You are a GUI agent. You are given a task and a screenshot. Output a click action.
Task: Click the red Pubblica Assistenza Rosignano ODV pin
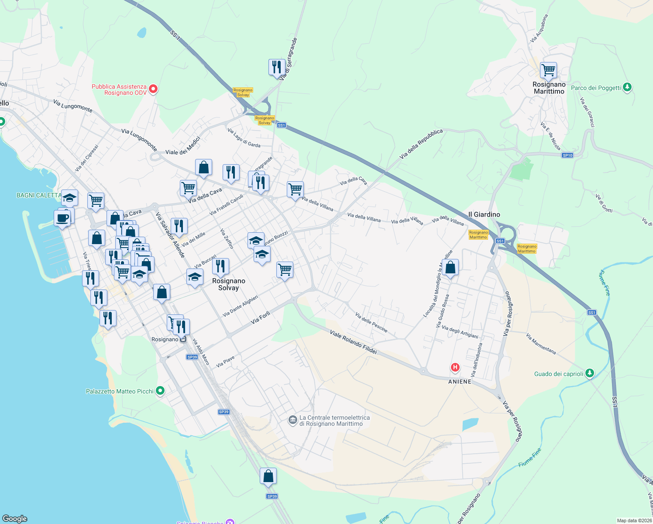click(x=153, y=90)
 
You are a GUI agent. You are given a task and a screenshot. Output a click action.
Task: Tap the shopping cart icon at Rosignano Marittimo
click(x=548, y=70)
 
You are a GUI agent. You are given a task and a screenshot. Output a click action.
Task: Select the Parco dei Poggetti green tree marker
click(x=627, y=87)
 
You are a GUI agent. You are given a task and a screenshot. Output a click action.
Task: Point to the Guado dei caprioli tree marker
click(x=590, y=373)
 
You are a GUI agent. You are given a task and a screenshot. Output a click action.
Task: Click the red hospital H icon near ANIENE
click(x=455, y=367)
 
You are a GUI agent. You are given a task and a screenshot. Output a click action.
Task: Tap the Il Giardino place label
click(x=484, y=214)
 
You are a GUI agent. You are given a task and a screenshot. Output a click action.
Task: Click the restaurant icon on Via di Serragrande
click(x=276, y=67)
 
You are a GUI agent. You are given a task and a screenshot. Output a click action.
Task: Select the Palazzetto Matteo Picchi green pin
click(x=160, y=391)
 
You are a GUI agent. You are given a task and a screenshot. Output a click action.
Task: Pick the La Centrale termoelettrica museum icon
click(x=292, y=421)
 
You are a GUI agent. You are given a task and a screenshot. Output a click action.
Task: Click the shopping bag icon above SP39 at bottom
click(x=268, y=476)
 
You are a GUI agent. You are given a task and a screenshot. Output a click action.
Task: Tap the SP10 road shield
click(x=567, y=155)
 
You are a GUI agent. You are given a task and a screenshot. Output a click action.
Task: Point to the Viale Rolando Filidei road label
click(x=354, y=342)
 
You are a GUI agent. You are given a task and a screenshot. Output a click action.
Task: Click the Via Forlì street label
click(x=261, y=318)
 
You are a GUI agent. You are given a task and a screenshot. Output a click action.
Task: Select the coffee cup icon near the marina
click(x=62, y=218)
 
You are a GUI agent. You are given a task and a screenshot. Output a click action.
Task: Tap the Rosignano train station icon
click(x=183, y=339)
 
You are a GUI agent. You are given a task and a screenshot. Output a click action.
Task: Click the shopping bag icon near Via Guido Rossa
click(x=450, y=267)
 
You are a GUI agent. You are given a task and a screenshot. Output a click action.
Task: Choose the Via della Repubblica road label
click(x=421, y=144)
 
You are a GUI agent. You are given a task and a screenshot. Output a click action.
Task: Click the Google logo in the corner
click(x=15, y=518)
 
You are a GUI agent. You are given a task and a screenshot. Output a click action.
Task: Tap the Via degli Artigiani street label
click(x=460, y=332)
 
